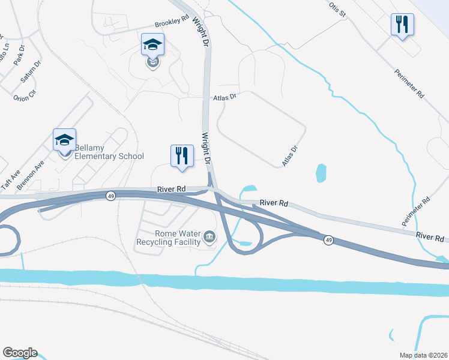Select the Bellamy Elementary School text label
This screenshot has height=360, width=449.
tap(106, 156)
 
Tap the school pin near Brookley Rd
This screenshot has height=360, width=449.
tap(152, 45)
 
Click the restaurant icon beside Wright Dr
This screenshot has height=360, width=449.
tap(181, 157)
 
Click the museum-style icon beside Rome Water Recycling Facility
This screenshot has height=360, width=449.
tap(209, 236)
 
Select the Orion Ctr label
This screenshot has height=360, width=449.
tap(25, 94)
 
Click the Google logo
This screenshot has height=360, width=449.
tap(19, 353)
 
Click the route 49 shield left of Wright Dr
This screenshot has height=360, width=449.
tap(110, 196)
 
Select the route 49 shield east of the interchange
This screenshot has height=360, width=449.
tap(328, 240)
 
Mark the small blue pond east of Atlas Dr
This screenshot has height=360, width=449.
tap(321, 173)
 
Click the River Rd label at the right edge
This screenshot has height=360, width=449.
tap(431, 238)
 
